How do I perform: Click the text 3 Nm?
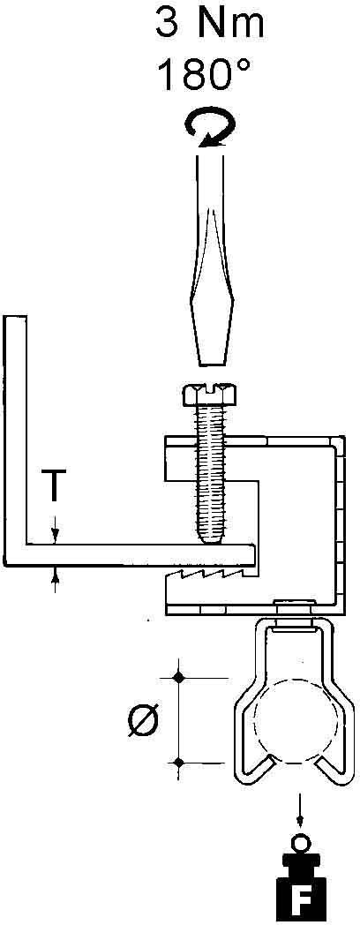(x=209, y=24)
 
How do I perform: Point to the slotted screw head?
(x=211, y=395)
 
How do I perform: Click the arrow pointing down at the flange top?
(x=55, y=529)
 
